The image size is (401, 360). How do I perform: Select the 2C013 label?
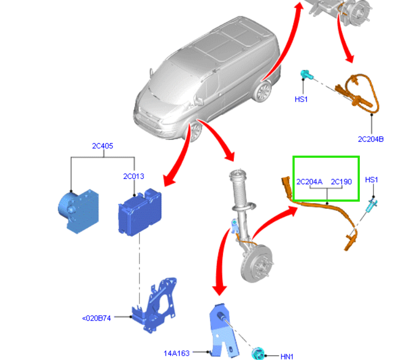134,176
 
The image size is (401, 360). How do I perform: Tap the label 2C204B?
371,139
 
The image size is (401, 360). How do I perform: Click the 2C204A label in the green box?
309,182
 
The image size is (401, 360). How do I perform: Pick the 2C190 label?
341,182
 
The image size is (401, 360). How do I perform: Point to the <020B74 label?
96,318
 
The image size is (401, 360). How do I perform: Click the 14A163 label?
176,354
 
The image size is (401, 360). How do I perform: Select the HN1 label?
287,356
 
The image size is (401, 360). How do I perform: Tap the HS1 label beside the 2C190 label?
372,179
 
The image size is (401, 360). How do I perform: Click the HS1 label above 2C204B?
301,99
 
